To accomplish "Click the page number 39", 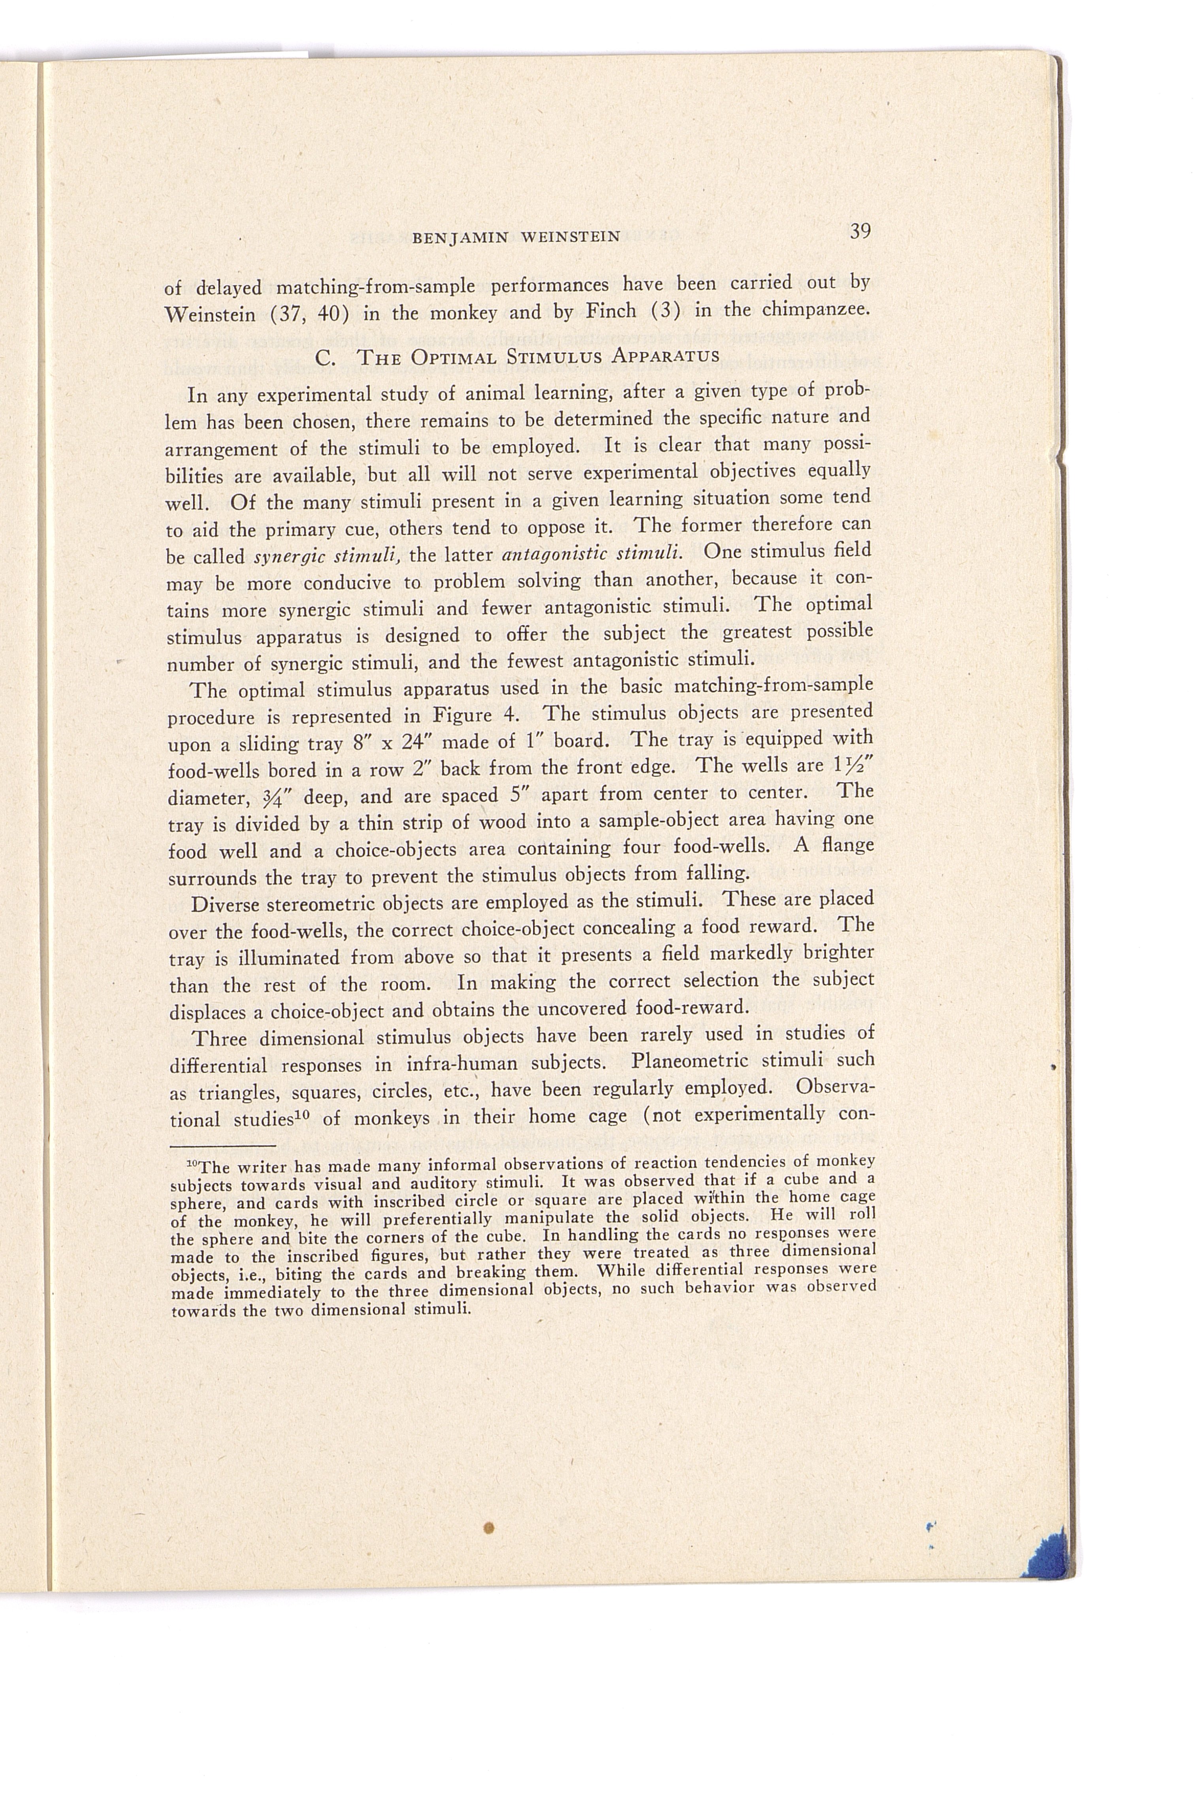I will pos(860,231).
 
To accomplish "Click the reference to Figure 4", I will pos(476,716).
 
